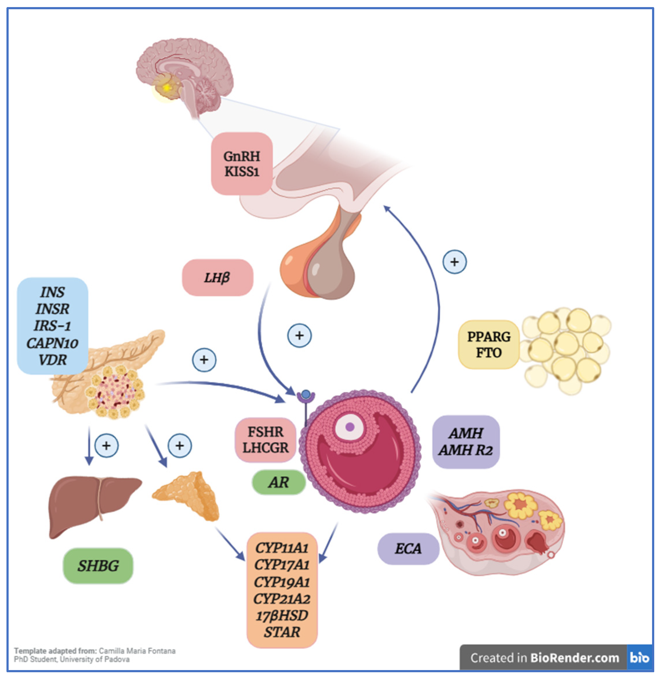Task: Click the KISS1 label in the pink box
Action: click(241, 172)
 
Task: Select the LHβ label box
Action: click(218, 277)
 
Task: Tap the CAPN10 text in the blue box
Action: click(52, 343)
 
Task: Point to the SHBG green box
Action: click(98, 566)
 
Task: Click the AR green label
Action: click(278, 482)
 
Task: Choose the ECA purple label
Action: click(408, 548)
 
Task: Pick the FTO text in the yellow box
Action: click(489, 353)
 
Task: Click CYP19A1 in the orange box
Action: click(282, 582)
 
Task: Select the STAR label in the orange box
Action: click(282, 632)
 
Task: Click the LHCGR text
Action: click(266, 448)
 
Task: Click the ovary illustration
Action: click(497, 531)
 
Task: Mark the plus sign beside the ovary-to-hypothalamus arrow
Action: click(454, 262)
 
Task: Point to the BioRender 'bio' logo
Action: click(639, 657)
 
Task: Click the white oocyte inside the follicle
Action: click(350, 426)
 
